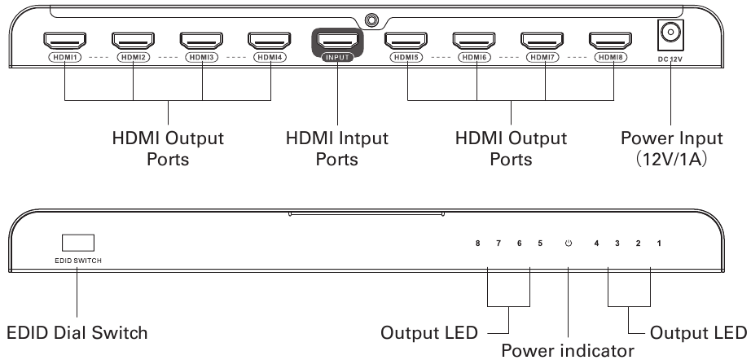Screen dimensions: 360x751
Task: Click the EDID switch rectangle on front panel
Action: (x=77, y=243)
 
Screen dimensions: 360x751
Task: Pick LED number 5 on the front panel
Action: (x=538, y=244)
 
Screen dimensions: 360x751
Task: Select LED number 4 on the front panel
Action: (x=597, y=244)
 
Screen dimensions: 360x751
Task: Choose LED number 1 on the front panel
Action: (x=659, y=244)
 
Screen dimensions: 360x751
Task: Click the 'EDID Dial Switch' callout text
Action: (x=77, y=333)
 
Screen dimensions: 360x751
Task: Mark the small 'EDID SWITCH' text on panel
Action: (x=77, y=262)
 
